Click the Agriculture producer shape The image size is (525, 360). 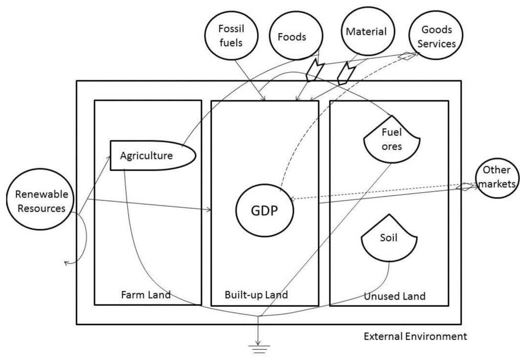click(x=152, y=155)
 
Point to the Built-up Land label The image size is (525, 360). click(x=256, y=295)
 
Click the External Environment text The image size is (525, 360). click(x=415, y=337)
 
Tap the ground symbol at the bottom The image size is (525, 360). click(x=259, y=349)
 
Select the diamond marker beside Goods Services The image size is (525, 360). click(x=406, y=56)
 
